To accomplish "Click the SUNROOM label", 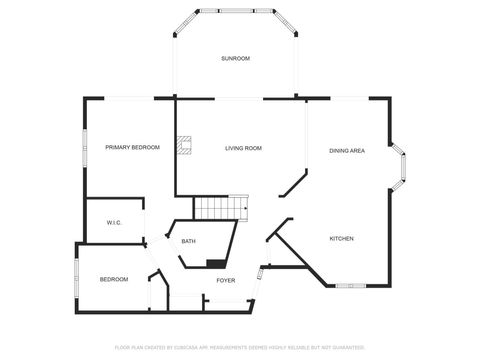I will point(236,59).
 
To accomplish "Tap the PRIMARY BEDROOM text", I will point(133,148).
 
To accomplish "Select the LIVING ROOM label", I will point(243,148).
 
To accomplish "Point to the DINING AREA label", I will point(347,151).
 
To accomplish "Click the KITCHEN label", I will point(342,238).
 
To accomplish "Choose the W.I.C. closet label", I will point(114,223).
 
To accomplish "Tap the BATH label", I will point(188,241).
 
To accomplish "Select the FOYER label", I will point(226,280).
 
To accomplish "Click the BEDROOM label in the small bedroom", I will point(114,279).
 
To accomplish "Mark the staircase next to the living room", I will point(219,208).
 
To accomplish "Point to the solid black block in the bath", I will point(215,263).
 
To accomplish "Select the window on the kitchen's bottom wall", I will point(349,286).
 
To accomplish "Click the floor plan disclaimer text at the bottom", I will point(239,347).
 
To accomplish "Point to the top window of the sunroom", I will point(236,12).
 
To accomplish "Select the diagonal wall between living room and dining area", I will point(294,183).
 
